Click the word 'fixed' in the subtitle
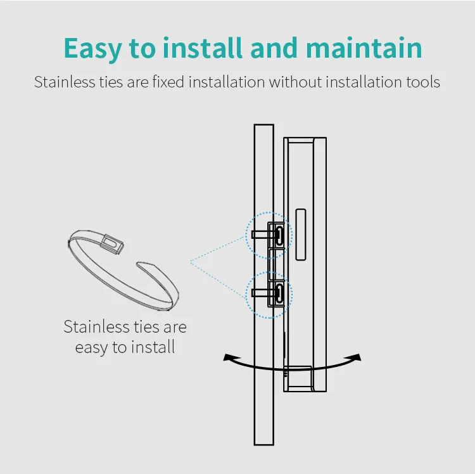click(x=170, y=82)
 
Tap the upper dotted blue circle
click(x=269, y=234)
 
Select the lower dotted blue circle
click(x=269, y=293)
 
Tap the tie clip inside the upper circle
click(x=276, y=234)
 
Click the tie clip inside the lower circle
click(x=276, y=293)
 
